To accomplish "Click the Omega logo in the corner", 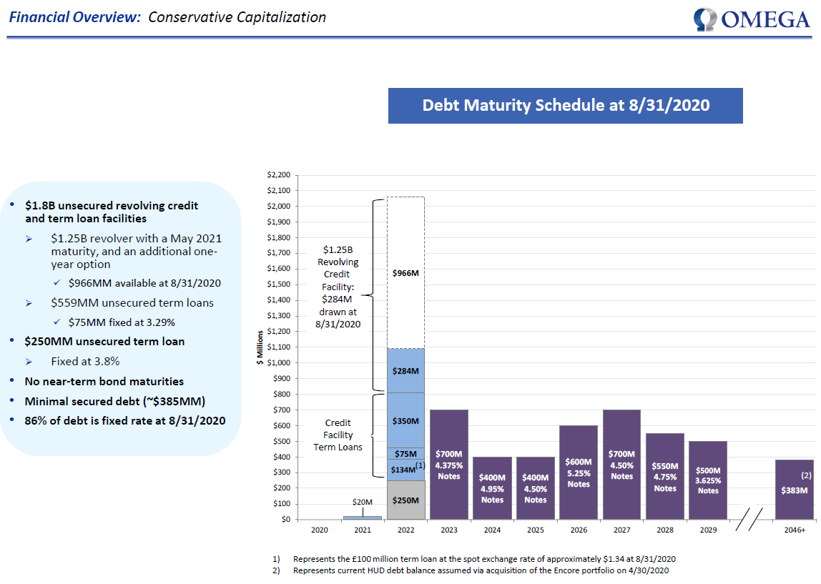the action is pos(752,19).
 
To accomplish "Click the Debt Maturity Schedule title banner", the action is pos(566,106).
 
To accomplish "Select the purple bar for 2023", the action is pos(448,465).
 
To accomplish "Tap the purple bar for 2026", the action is pos(579,472).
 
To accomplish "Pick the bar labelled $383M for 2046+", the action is pos(795,490).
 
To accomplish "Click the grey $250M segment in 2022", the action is pos(405,500).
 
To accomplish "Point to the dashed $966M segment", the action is pos(405,272).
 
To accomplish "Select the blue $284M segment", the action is pos(405,370).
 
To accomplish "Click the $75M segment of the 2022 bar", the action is pos(405,454).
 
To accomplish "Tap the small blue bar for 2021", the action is pos(363,518).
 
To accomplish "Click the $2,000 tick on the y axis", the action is pos(279,206).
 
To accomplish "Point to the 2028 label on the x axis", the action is pos(665,530).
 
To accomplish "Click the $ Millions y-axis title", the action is pos(260,347).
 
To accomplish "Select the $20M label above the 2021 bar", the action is pos(363,502).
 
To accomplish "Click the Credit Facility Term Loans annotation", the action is pos(338,435).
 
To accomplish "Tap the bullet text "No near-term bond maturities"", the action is pos(104,382).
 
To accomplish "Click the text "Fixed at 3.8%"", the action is pos(85,362).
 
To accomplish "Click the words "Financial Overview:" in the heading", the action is pos(75,17).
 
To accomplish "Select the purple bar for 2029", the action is pos(708,480).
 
